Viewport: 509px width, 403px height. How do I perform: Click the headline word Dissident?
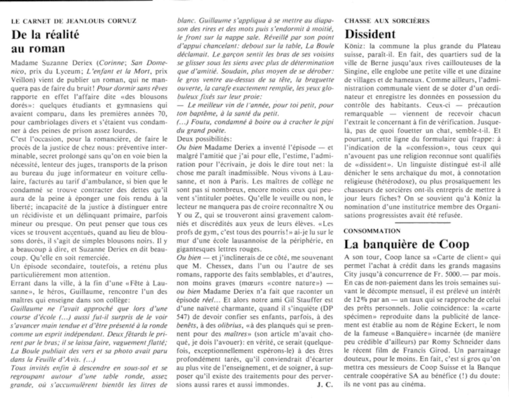(370, 34)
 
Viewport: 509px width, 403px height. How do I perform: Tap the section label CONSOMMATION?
(372, 231)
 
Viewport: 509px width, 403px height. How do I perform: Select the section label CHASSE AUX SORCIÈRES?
(387, 21)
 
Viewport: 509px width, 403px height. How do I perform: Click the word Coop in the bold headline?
(454, 244)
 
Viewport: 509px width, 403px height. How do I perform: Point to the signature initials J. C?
(325, 384)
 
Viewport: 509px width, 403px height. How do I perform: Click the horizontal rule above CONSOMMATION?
(422, 223)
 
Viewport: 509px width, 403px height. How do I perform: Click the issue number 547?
(183, 317)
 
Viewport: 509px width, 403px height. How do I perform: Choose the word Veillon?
(22, 80)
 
